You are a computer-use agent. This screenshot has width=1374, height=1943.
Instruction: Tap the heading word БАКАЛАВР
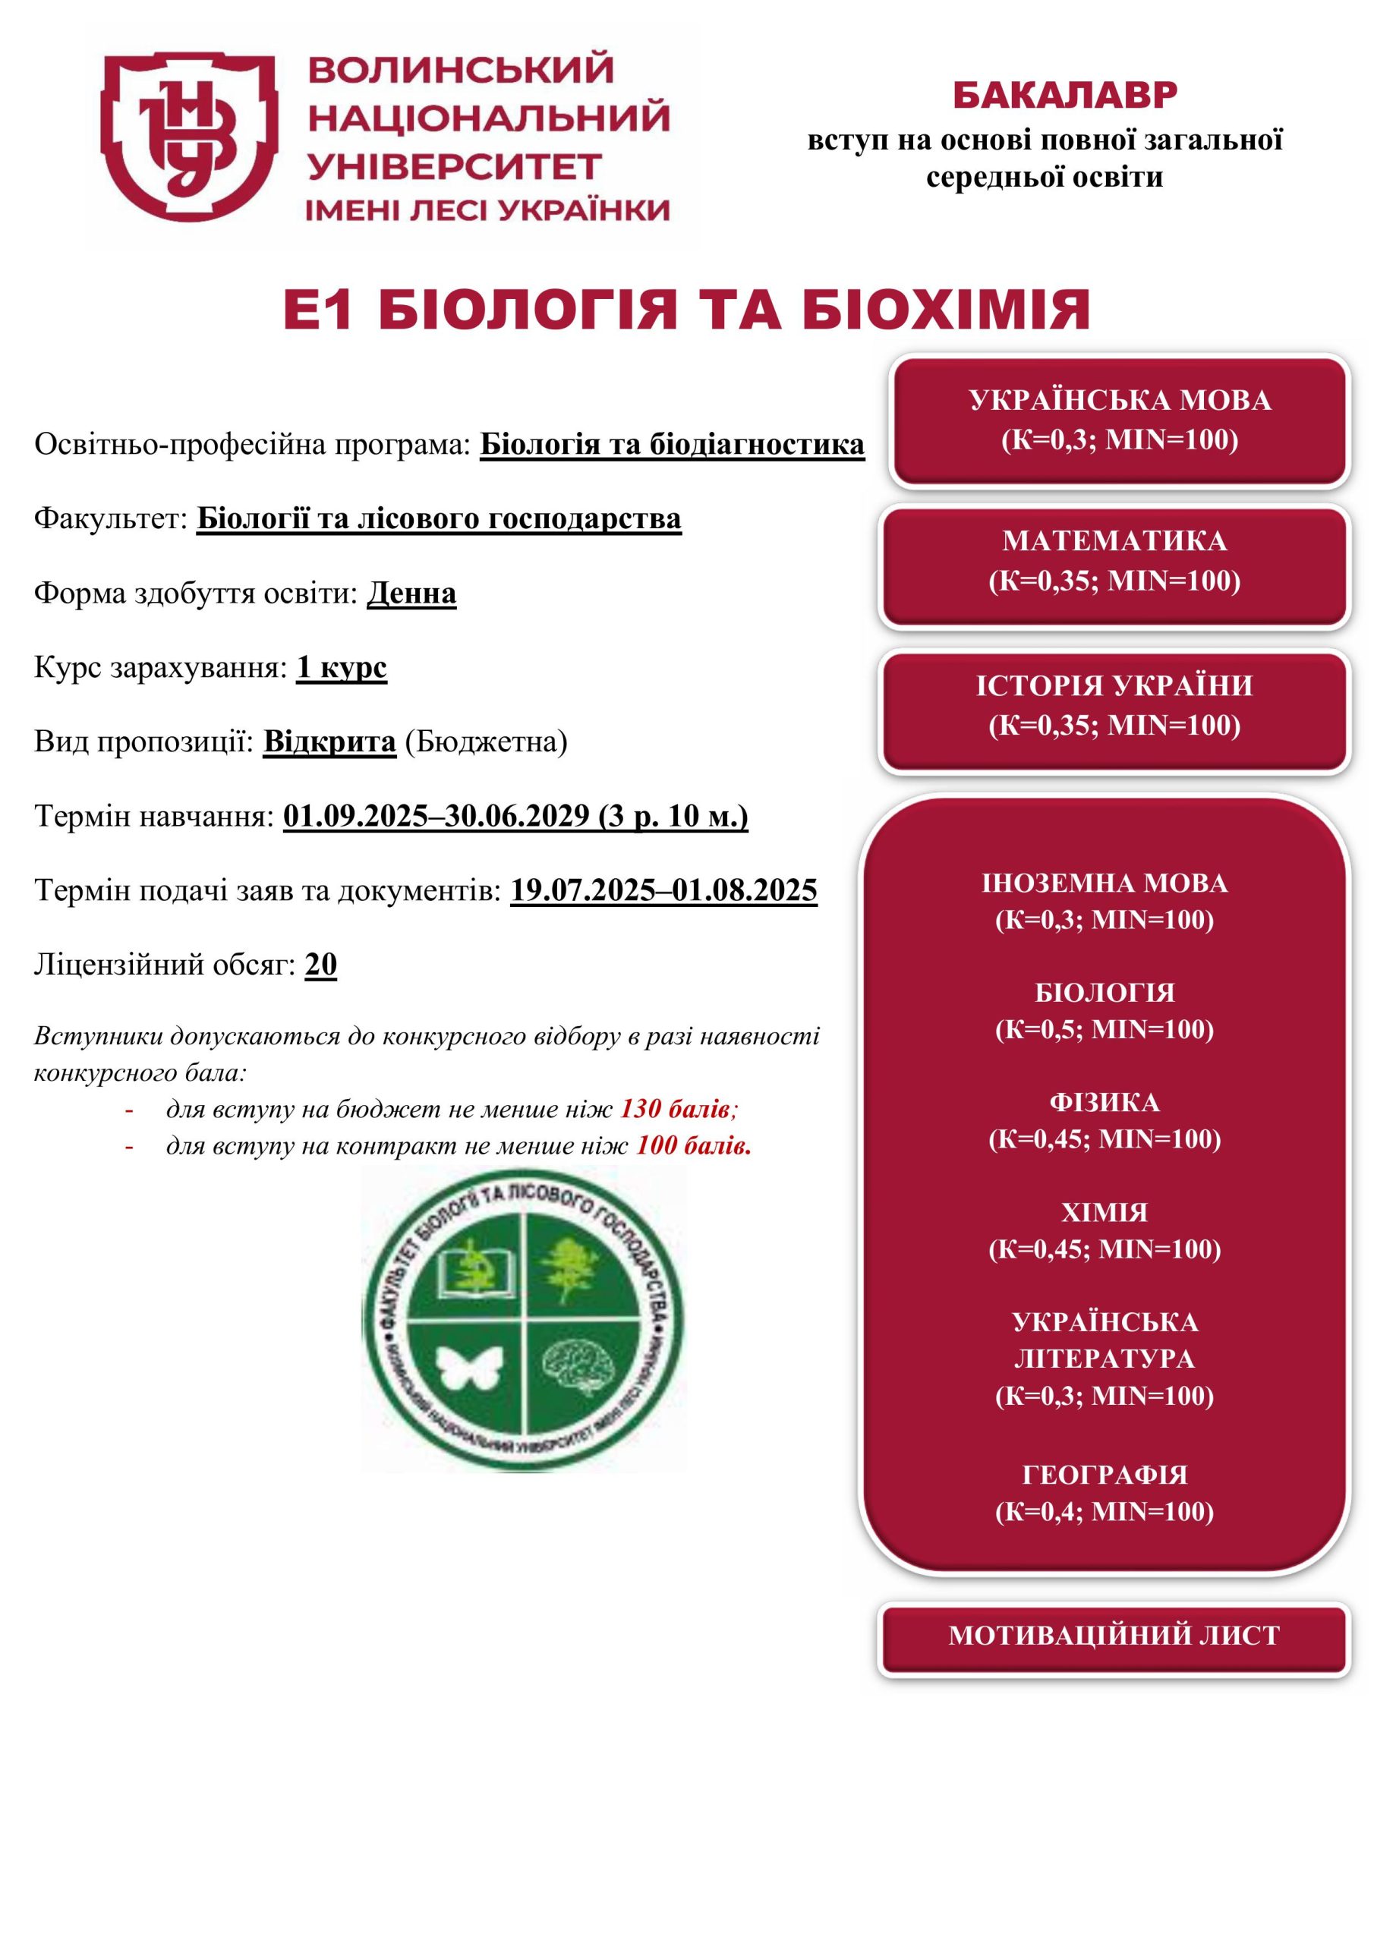[1064, 96]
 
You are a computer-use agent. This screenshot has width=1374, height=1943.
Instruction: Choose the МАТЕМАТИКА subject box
[1114, 561]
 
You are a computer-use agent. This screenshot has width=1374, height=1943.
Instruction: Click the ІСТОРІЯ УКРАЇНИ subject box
[1114, 706]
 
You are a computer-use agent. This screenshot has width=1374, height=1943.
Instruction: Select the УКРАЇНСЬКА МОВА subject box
[1119, 420]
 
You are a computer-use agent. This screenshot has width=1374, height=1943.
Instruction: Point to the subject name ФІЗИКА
[1104, 1102]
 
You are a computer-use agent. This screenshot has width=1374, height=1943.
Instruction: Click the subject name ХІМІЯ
[1104, 1212]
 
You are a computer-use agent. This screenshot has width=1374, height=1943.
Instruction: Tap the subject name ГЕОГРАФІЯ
[1104, 1474]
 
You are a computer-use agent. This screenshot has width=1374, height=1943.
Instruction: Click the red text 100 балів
[693, 1146]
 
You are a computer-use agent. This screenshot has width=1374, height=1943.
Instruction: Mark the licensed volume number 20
[321, 964]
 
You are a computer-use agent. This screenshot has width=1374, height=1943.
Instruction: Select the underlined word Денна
[411, 594]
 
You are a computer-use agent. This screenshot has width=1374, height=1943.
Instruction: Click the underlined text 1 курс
[341, 668]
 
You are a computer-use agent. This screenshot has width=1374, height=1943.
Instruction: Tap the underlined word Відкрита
[329, 742]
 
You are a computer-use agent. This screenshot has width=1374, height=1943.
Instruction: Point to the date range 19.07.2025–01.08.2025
[663, 890]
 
